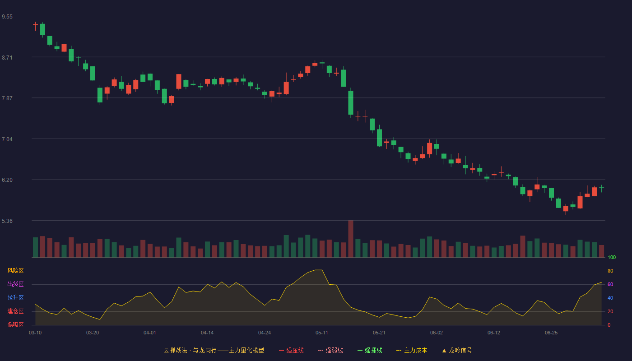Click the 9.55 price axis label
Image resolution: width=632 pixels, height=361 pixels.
point(7,17)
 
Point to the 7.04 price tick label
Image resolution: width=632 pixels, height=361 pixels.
point(7,139)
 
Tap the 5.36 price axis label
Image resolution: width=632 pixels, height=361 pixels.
point(7,221)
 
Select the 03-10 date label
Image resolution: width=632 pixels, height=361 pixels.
point(35,333)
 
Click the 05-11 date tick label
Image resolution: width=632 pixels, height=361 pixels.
point(321,333)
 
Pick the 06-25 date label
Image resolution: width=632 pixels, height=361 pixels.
point(551,333)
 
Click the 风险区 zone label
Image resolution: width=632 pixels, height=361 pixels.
point(15,271)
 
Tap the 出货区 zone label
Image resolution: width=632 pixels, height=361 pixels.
point(15,284)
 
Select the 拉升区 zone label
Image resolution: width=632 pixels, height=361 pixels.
point(15,297)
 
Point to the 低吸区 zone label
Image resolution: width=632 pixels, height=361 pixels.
point(15,324)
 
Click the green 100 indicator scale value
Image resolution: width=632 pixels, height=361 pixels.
point(612,257)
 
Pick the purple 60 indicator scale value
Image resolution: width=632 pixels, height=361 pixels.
point(610,284)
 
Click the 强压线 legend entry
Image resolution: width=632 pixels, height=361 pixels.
point(292,350)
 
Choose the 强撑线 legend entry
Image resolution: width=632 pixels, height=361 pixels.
point(370,350)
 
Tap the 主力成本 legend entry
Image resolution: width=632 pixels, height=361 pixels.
point(412,350)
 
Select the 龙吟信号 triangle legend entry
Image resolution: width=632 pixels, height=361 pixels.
point(457,350)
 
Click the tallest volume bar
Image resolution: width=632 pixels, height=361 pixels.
point(351,239)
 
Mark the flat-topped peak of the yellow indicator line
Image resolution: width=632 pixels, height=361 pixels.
point(318,270)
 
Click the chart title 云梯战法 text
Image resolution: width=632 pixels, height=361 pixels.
point(176,350)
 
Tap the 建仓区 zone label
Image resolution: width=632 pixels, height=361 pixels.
point(15,311)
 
